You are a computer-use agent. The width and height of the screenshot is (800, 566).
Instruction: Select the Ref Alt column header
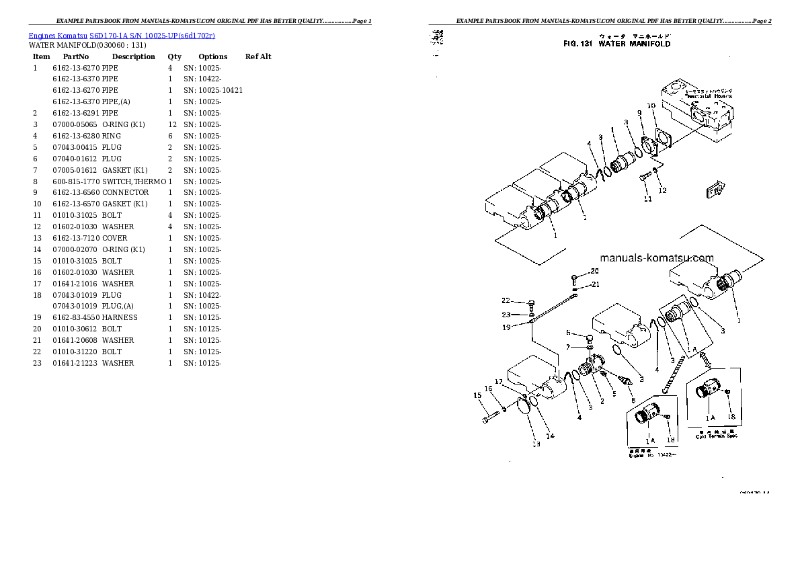258,56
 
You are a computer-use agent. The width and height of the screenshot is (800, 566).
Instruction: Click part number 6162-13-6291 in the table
76,113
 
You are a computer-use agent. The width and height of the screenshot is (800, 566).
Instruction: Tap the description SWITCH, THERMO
134,181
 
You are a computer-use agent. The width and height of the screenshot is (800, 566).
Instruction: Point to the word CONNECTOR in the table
126,192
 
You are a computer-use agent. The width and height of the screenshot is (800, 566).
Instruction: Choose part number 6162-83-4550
76,317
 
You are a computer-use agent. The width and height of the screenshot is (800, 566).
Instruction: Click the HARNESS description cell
120,317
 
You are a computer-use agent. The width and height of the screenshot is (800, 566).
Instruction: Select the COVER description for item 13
115,238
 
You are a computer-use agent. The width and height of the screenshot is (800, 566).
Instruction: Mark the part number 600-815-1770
76,181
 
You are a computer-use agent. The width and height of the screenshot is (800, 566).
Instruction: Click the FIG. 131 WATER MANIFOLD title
616,44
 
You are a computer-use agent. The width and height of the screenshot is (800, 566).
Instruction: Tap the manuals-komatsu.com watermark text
657,257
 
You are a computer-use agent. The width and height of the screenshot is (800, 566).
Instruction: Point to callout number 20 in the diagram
594,271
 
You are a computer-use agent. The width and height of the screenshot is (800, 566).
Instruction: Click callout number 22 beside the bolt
506,300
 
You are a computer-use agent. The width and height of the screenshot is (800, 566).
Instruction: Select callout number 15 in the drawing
477,395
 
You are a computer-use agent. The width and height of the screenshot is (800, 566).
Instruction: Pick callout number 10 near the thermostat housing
651,106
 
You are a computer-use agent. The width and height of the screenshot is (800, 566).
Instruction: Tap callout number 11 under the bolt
647,199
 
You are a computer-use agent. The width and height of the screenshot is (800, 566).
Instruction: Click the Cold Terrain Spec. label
717,436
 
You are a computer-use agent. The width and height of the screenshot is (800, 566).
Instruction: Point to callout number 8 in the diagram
632,400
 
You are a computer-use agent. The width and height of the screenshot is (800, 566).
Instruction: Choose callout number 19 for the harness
506,327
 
